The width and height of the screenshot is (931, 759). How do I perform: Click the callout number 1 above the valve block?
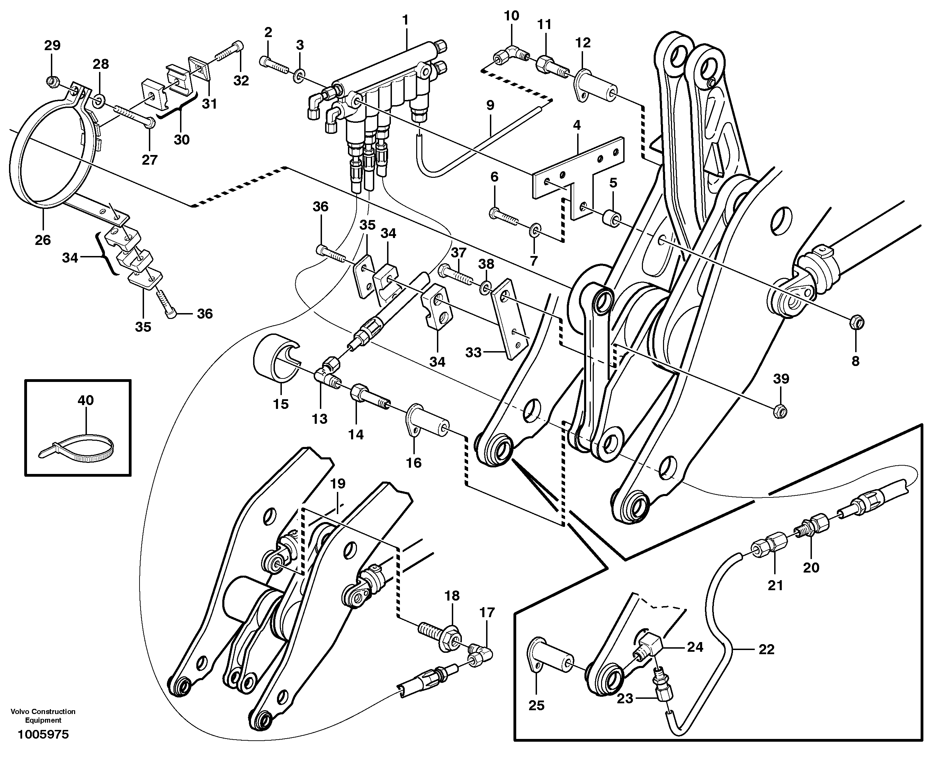405,20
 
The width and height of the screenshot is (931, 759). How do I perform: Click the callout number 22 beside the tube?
767,649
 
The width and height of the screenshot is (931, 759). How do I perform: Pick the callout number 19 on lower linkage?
337,484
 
